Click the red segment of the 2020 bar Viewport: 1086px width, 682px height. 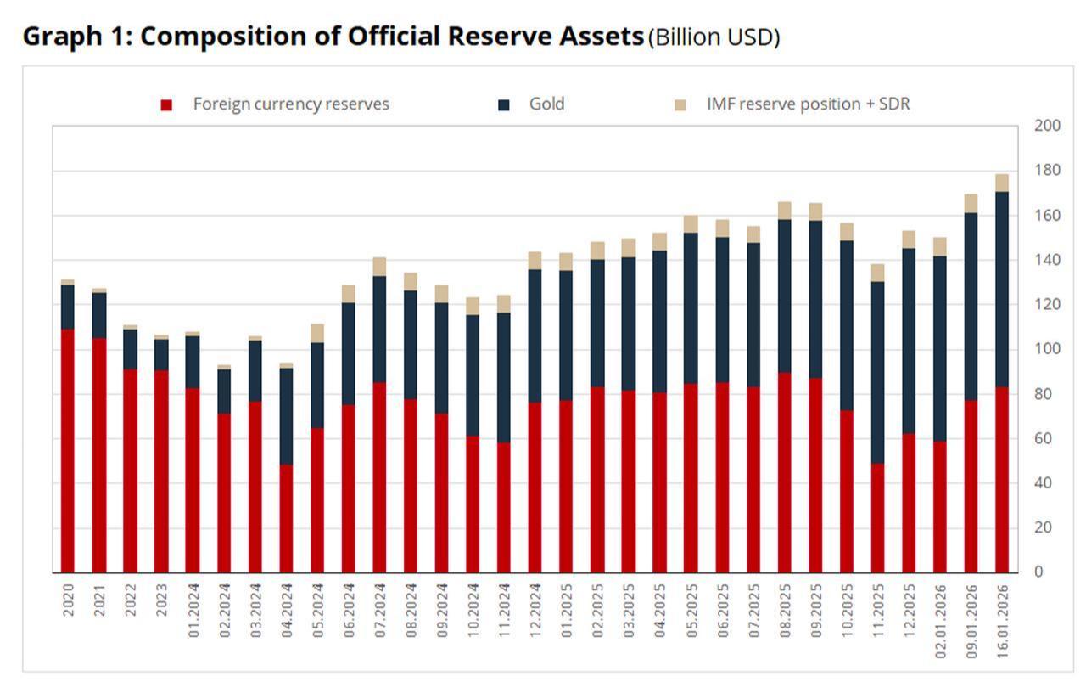(67, 450)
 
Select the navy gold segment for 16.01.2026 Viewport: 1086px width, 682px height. (1002, 289)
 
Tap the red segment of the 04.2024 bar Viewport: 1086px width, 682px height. (286, 518)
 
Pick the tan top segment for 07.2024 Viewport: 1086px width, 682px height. (379, 267)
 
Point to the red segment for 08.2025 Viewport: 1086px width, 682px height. (784, 472)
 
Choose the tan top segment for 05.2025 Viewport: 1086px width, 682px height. (691, 223)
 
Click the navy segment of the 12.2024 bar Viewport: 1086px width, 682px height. (535, 335)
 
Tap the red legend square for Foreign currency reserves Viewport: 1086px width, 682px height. (166, 104)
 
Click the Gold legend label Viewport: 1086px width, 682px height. (546, 104)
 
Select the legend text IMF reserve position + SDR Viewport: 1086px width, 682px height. (808, 104)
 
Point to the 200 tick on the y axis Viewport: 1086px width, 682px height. (1047, 126)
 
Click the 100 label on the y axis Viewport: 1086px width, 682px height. (1047, 349)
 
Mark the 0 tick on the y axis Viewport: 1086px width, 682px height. (1038, 572)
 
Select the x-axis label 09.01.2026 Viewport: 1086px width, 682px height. (971, 618)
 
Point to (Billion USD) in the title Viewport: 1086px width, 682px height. (713, 38)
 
